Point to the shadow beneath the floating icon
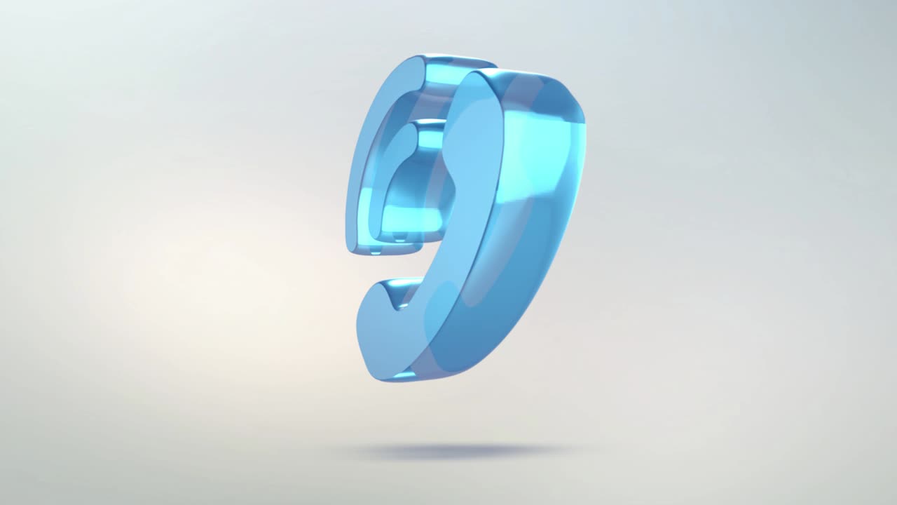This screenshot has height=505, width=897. (x=463, y=451)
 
